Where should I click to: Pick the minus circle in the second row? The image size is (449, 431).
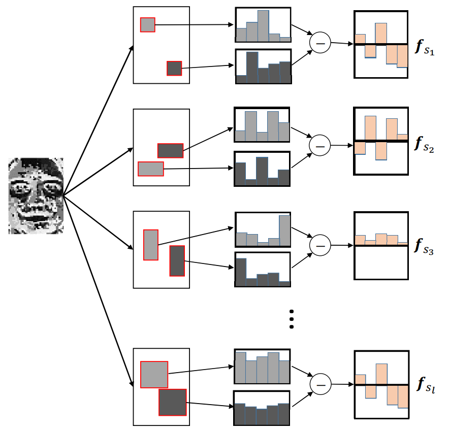320,145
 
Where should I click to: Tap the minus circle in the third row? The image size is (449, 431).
320,245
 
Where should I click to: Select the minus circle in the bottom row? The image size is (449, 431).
320,384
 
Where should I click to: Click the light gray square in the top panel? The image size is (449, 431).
148,24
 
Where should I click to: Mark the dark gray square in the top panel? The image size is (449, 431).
174,68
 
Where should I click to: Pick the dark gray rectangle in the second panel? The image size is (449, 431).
170,151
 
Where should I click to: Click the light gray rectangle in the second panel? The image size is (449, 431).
151,169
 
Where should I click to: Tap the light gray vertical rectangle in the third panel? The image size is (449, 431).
151,245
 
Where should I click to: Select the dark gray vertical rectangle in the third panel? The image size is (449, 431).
177,261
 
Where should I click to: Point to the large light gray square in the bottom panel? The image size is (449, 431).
154,374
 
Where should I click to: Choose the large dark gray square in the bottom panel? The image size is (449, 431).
173,403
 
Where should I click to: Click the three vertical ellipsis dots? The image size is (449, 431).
292,319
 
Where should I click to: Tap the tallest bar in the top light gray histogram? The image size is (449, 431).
263,26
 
